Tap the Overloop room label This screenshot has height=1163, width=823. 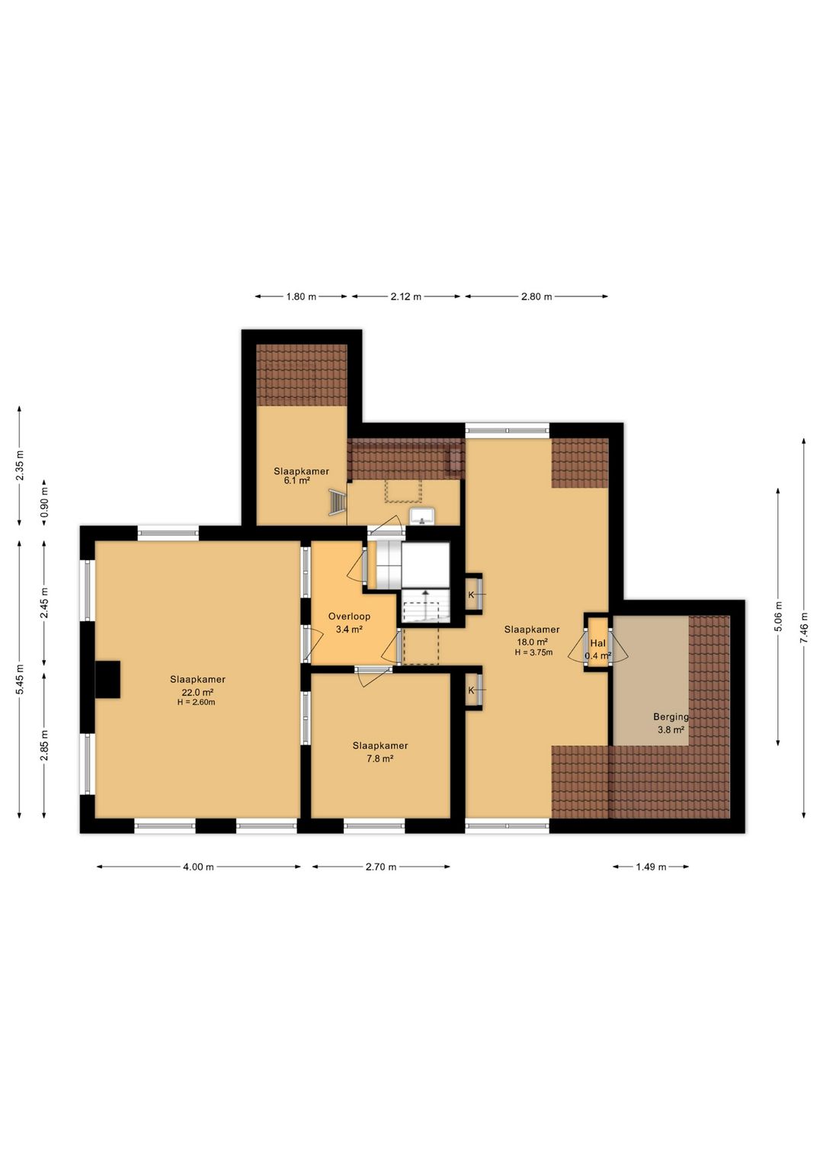click(349, 617)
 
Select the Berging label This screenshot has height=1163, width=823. click(671, 717)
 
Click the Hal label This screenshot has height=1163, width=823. click(597, 643)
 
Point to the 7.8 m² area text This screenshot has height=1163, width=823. click(380, 758)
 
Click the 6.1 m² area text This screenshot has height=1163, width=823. click(297, 481)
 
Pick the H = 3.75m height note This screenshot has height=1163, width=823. click(533, 652)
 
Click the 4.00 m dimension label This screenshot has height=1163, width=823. click(198, 867)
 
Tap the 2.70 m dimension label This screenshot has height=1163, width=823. click(380, 867)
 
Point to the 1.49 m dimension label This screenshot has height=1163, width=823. click(651, 867)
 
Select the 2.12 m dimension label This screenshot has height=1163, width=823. click(405, 296)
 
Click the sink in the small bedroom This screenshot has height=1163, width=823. click(423, 517)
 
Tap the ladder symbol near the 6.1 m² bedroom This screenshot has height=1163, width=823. click(338, 503)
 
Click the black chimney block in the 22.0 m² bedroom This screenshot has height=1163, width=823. click(107, 679)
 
